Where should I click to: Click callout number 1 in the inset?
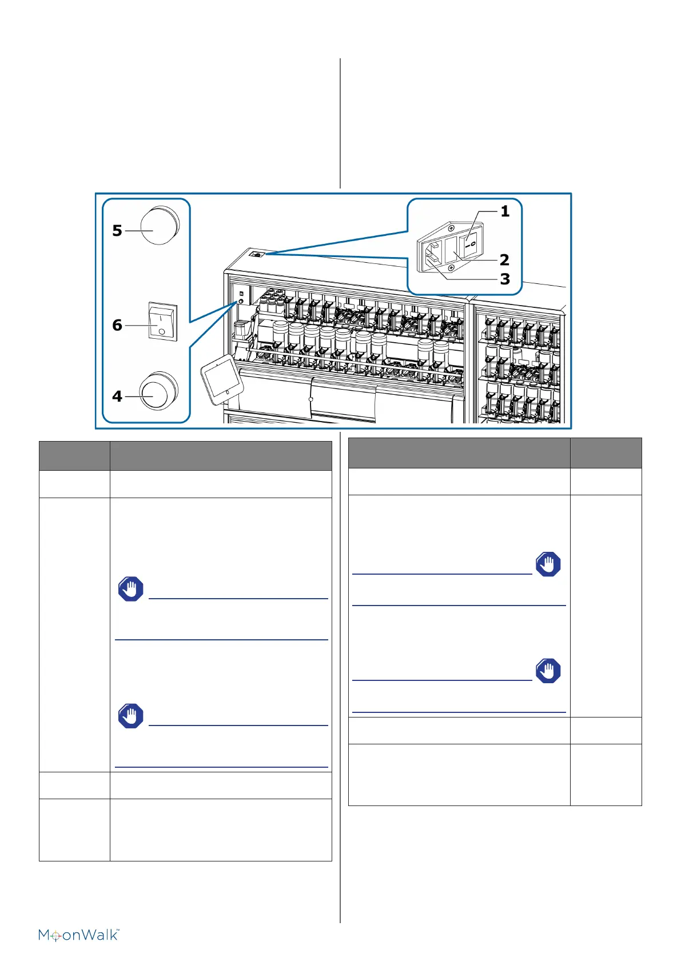click(505, 211)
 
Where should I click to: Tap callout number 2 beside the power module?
click(504, 260)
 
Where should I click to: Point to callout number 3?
click(504, 279)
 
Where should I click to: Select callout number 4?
click(117, 396)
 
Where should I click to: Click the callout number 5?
click(117, 230)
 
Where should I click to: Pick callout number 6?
click(117, 325)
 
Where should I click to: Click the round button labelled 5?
click(159, 226)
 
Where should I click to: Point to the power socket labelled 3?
click(433, 255)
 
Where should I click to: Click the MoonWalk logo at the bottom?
click(79, 935)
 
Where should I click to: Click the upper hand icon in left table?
click(130, 589)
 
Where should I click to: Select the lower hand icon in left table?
click(130, 716)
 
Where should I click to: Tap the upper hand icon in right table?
click(548, 564)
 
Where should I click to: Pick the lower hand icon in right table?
click(548, 671)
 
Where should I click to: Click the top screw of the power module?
click(451, 229)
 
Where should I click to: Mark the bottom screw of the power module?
click(452, 268)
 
